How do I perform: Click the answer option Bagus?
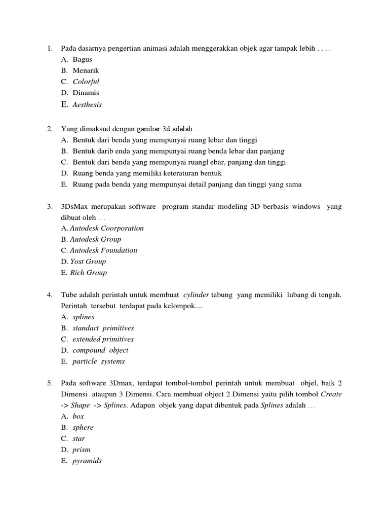[82, 59]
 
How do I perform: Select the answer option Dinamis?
[86, 93]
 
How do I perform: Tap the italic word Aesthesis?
[87, 104]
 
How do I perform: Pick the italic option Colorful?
[86, 82]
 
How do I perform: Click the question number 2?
[50, 129]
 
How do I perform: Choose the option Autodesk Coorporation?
[106, 228]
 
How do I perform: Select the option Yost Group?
[88, 262]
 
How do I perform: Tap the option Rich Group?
[88, 273]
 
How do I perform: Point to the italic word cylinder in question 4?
[196, 295]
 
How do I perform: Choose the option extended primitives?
[103, 339]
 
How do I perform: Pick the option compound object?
[100, 350]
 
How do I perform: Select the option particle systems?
[98, 361]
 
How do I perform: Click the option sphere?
[83, 427]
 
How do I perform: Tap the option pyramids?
[87, 461]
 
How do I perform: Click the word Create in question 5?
[331, 394]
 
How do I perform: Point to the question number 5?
[50, 383]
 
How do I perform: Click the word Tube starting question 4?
[69, 295]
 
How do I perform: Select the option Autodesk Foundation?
[103, 250]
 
